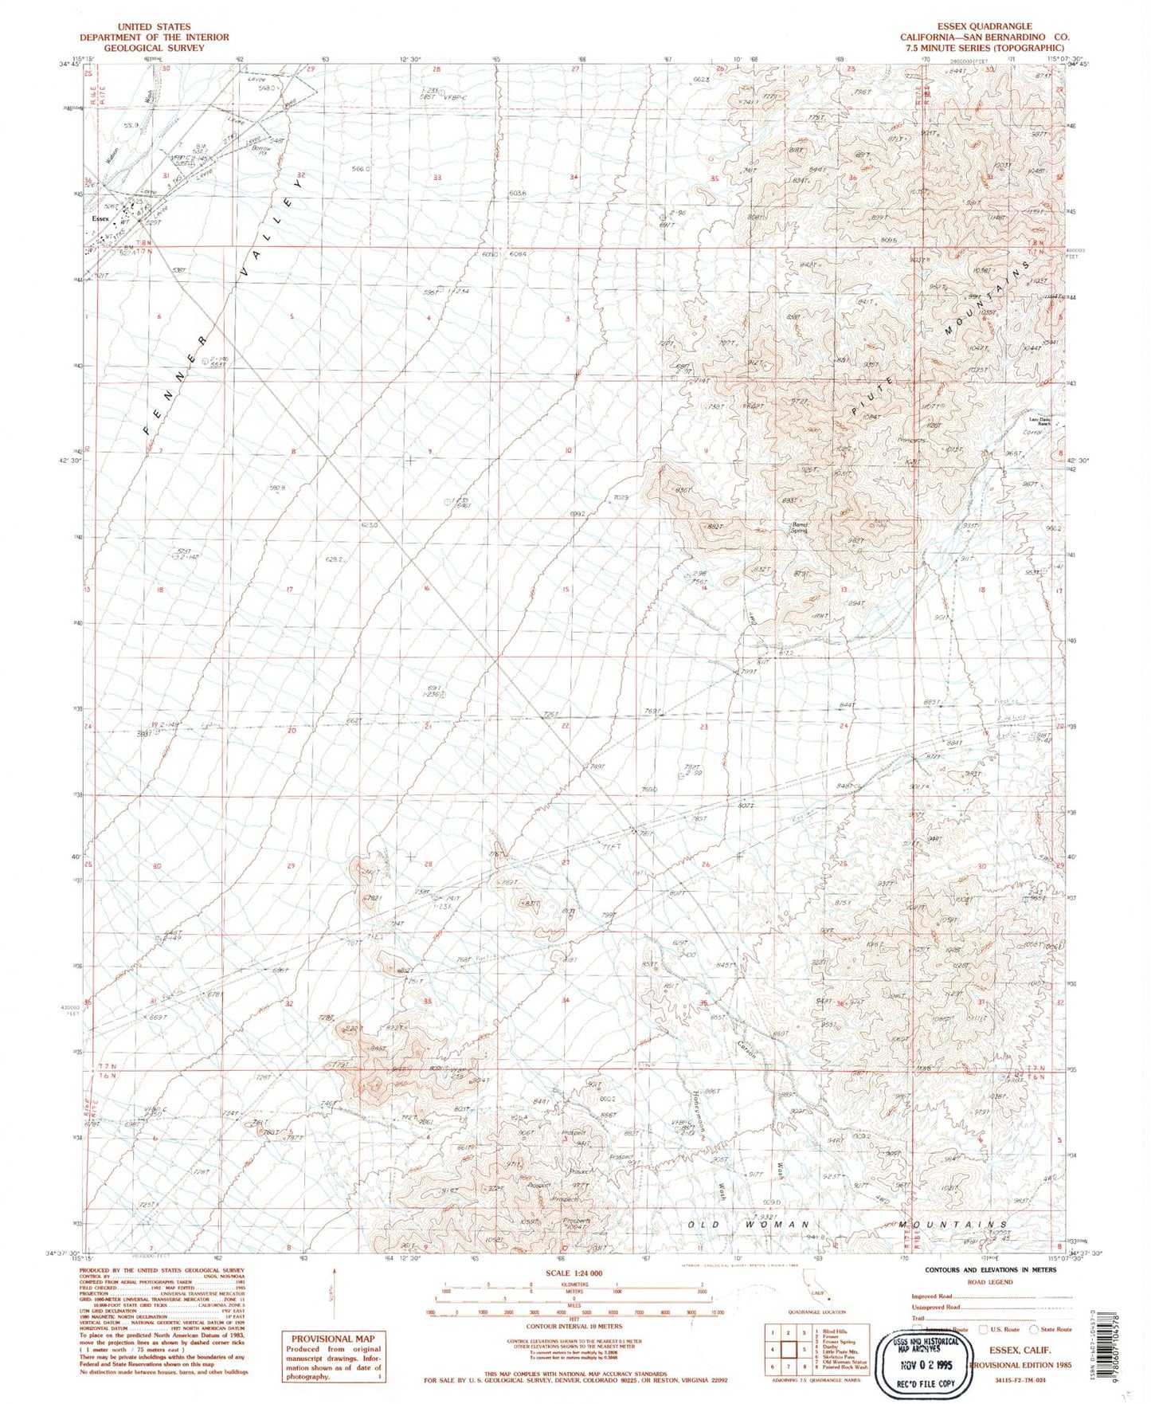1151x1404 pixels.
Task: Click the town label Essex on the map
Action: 100,218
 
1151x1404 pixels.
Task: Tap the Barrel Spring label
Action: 799,527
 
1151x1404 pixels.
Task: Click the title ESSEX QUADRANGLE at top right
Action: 985,26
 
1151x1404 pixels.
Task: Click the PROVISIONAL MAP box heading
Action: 332,1339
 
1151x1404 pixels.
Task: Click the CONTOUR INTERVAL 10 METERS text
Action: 574,1326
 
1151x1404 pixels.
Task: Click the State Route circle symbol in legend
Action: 1033,1329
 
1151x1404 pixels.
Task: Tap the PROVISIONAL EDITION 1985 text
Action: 1014,1364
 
